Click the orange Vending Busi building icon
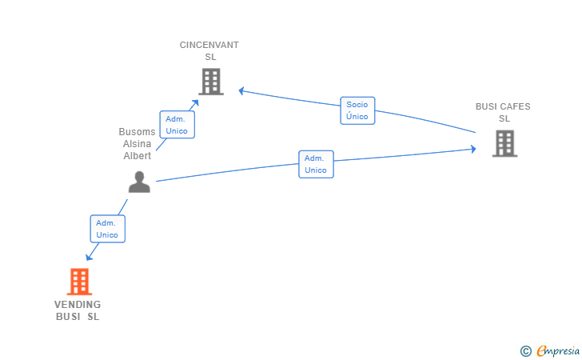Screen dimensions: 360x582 (78, 282)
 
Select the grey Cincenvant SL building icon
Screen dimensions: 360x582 (210, 81)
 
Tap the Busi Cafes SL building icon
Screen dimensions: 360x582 (504, 143)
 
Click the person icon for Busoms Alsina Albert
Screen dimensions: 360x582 (139, 182)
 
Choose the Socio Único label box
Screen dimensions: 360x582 (357, 110)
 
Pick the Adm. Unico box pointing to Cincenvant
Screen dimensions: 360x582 (177, 125)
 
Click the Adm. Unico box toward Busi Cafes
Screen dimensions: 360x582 (316, 164)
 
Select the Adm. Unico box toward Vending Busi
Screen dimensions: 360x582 (107, 230)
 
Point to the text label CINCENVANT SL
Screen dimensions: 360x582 (209, 50)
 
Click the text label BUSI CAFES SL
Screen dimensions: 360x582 (503, 112)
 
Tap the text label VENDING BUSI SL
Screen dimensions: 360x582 (78, 310)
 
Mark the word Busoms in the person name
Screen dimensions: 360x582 (137, 132)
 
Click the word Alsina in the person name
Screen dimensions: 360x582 (137, 144)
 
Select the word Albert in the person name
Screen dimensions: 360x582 (137, 156)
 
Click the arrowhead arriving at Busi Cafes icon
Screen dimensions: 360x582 (473, 149)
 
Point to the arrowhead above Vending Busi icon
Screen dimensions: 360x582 (89, 258)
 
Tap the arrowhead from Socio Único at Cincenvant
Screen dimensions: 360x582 (241, 91)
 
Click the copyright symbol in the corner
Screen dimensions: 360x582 (525, 350)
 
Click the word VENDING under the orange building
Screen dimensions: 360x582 (78, 305)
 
